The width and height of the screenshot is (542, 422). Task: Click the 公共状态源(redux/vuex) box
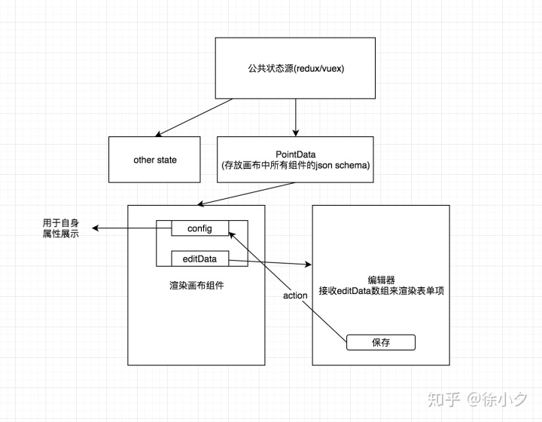[x=297, y=68]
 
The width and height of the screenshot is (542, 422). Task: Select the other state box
[x=155, y=160]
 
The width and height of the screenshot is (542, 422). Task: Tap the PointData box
[x=295, y=160]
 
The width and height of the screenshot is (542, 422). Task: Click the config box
[x=201, y=228]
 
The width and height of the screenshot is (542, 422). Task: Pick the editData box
[x=200, y=259]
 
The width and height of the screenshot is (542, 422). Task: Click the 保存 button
[x=381, y=342]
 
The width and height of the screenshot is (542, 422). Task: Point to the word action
[x=295, y=295]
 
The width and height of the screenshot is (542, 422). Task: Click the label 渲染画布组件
[x=196, y=287]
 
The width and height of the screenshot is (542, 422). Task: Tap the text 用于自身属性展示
[x=61, y=228]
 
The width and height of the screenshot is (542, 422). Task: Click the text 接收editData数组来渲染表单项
[x=381, y=290]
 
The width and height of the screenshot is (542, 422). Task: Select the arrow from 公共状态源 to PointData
[x=296, y=117]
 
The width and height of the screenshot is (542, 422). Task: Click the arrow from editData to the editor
[x=271, y=262]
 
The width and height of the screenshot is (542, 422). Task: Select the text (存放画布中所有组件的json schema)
[x=295, y=166]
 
